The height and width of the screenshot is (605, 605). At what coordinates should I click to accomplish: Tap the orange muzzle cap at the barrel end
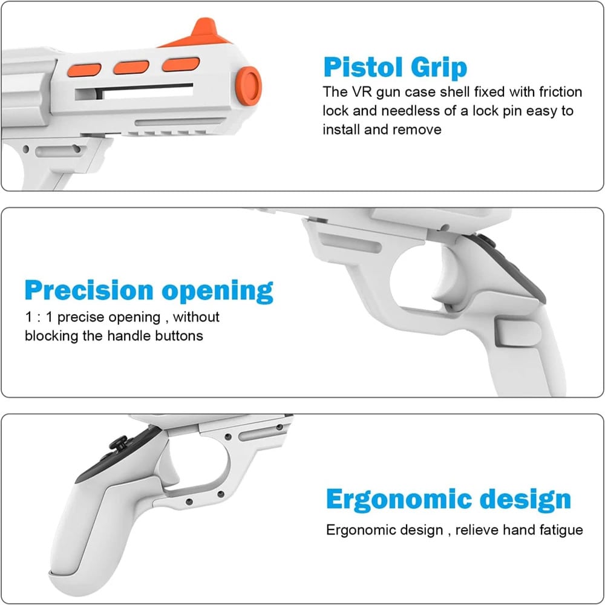(249, 83)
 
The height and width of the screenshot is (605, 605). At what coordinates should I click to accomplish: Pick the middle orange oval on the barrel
(131, 66)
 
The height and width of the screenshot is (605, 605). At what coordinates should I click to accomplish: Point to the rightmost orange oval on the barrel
(180, 64)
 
